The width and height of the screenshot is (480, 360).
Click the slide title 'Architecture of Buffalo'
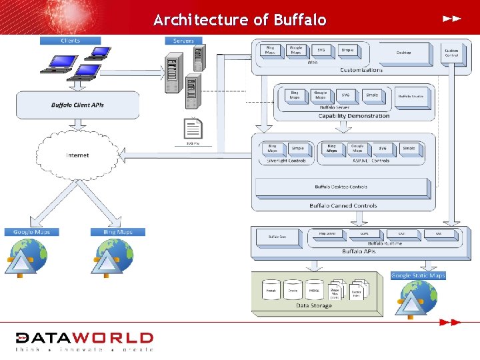coord(240,20)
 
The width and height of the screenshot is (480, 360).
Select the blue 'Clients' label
coord(70,41)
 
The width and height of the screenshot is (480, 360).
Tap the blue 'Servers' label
coord(183,41)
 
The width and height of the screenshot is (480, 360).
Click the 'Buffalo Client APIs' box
coord(77,105)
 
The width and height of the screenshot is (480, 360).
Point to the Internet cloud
coord(77,155)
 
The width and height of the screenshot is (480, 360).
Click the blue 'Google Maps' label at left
coord(31,232)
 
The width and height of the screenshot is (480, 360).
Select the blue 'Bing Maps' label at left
coord(118,232)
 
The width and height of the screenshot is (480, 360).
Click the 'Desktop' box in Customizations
coord(403,53)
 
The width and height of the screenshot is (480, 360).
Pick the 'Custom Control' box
coord(452,53)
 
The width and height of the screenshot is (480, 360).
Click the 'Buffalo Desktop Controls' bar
coord(341,187)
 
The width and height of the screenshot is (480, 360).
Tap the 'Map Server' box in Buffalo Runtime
coord(327,234)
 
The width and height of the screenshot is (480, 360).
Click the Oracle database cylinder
coord(293,290)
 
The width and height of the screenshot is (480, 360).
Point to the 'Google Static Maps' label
coord(418,275)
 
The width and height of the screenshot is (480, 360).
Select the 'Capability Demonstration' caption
coord(354,116)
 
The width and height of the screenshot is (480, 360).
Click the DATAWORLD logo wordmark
coord(85,338)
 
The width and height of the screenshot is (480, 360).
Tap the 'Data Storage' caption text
coord(313,305)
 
